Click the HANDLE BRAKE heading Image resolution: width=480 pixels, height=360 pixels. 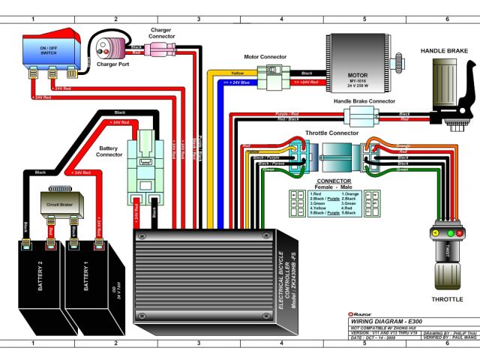(444, 51)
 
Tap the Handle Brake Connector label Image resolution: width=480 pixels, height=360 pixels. (364, 100)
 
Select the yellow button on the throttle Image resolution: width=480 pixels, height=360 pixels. (434, 234)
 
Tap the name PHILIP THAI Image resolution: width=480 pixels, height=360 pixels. (452, 332)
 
